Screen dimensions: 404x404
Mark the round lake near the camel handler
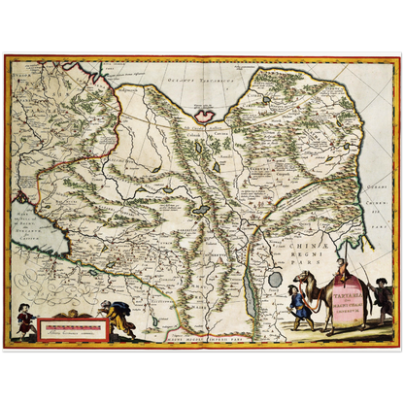(x=275, y=279)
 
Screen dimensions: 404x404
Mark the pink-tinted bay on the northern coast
(x=208, y=114)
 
